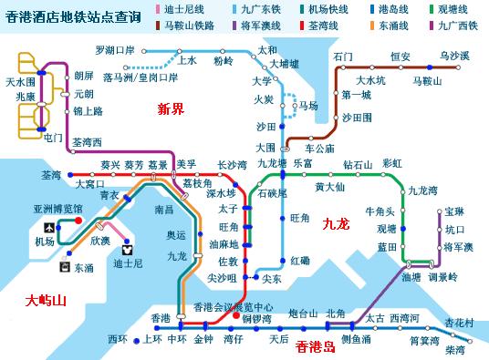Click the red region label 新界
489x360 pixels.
[x=171, y=109]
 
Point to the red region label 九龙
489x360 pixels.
[x=337, y=221]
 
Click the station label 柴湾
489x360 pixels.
[x=455, y=350]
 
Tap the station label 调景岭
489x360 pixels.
[x=442, y=277]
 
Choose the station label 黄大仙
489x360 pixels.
[x=329, y=188]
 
